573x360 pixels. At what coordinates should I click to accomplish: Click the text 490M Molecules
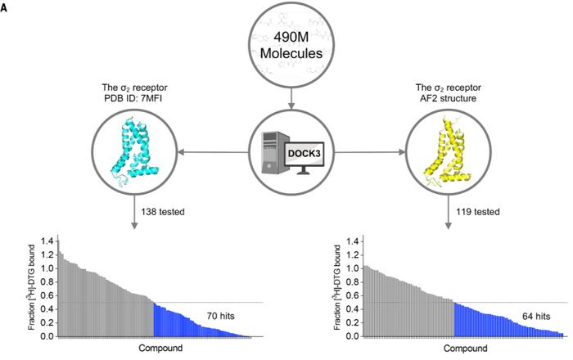click(x=291, y=46)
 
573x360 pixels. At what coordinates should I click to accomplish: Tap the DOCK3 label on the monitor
click(x=304, y=153)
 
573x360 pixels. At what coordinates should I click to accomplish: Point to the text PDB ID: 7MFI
click(x=134, y=98)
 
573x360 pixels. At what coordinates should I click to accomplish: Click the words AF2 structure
click(x=449, y=98)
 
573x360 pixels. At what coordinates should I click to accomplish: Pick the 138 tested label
click(x=163, y=212)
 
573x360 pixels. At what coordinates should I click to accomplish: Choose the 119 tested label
click(x=477, y=212)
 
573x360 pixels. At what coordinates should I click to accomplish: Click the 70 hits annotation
click(x=221, y=316)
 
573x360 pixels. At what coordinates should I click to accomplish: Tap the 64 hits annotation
click(x=536, y=316)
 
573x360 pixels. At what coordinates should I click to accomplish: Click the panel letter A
click(x=3, y=8)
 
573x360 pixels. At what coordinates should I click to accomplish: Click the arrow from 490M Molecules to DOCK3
click(x=291, y=98)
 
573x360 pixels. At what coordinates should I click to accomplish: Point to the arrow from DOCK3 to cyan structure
click(x=214, y=152)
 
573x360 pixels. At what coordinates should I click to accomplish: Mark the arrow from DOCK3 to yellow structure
click(x=370, y=152)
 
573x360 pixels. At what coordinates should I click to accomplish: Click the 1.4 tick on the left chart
click(x=48, y=241)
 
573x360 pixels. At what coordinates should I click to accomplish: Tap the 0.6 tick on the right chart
click(x=354, y=295)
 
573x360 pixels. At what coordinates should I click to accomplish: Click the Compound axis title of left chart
click(x=160, y=348)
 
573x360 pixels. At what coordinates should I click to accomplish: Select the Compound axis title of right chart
click(x=466, y=349)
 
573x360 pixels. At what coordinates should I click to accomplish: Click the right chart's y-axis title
click(x=337, y=287)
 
